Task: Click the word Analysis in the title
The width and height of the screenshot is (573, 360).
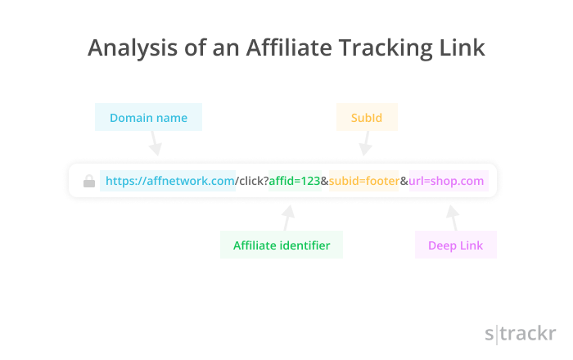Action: coord(133,47)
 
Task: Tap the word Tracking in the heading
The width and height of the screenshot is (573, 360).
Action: coord(386,47)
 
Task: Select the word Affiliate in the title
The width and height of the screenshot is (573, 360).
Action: coord(289,47)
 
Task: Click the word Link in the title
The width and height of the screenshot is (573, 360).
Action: coord(462,47)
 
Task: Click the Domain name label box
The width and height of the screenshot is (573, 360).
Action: coord(148,117)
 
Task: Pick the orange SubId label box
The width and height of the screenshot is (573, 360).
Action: coord(367,117)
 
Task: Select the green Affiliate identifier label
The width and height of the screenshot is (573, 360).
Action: coord(282,245)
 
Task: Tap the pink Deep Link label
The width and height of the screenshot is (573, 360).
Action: coord(456,245)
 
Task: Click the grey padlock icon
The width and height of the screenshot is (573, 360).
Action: coord(89,181)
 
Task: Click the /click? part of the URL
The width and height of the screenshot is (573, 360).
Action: coord(252,181)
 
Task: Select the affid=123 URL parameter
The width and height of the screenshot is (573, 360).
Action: coord(295,181)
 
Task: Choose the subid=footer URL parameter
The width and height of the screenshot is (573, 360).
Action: coord(364,181)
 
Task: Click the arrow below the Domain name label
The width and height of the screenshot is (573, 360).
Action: coord(155,143)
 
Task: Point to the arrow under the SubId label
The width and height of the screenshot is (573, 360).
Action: coord(366,143)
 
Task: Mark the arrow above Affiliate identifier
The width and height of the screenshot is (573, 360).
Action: coord(288,218)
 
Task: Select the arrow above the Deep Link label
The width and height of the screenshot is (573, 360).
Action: coord(453,218)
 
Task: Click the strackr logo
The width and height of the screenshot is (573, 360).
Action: coord(521,334)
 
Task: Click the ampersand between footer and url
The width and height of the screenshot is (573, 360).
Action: coord(404,181)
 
